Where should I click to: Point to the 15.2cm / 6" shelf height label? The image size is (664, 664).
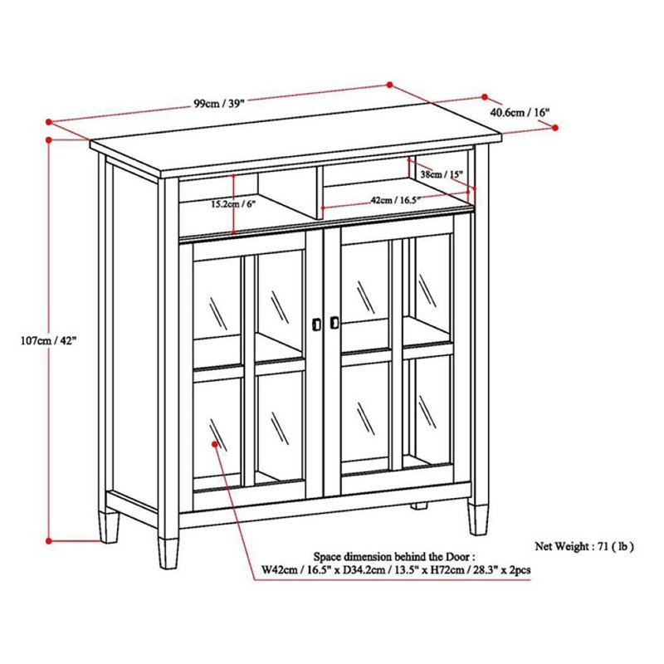pos(209,203)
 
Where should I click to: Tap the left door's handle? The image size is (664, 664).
pos(316,323)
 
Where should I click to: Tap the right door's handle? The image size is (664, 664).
pos(334,322)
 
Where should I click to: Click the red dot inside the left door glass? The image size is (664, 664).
pos(217,445)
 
